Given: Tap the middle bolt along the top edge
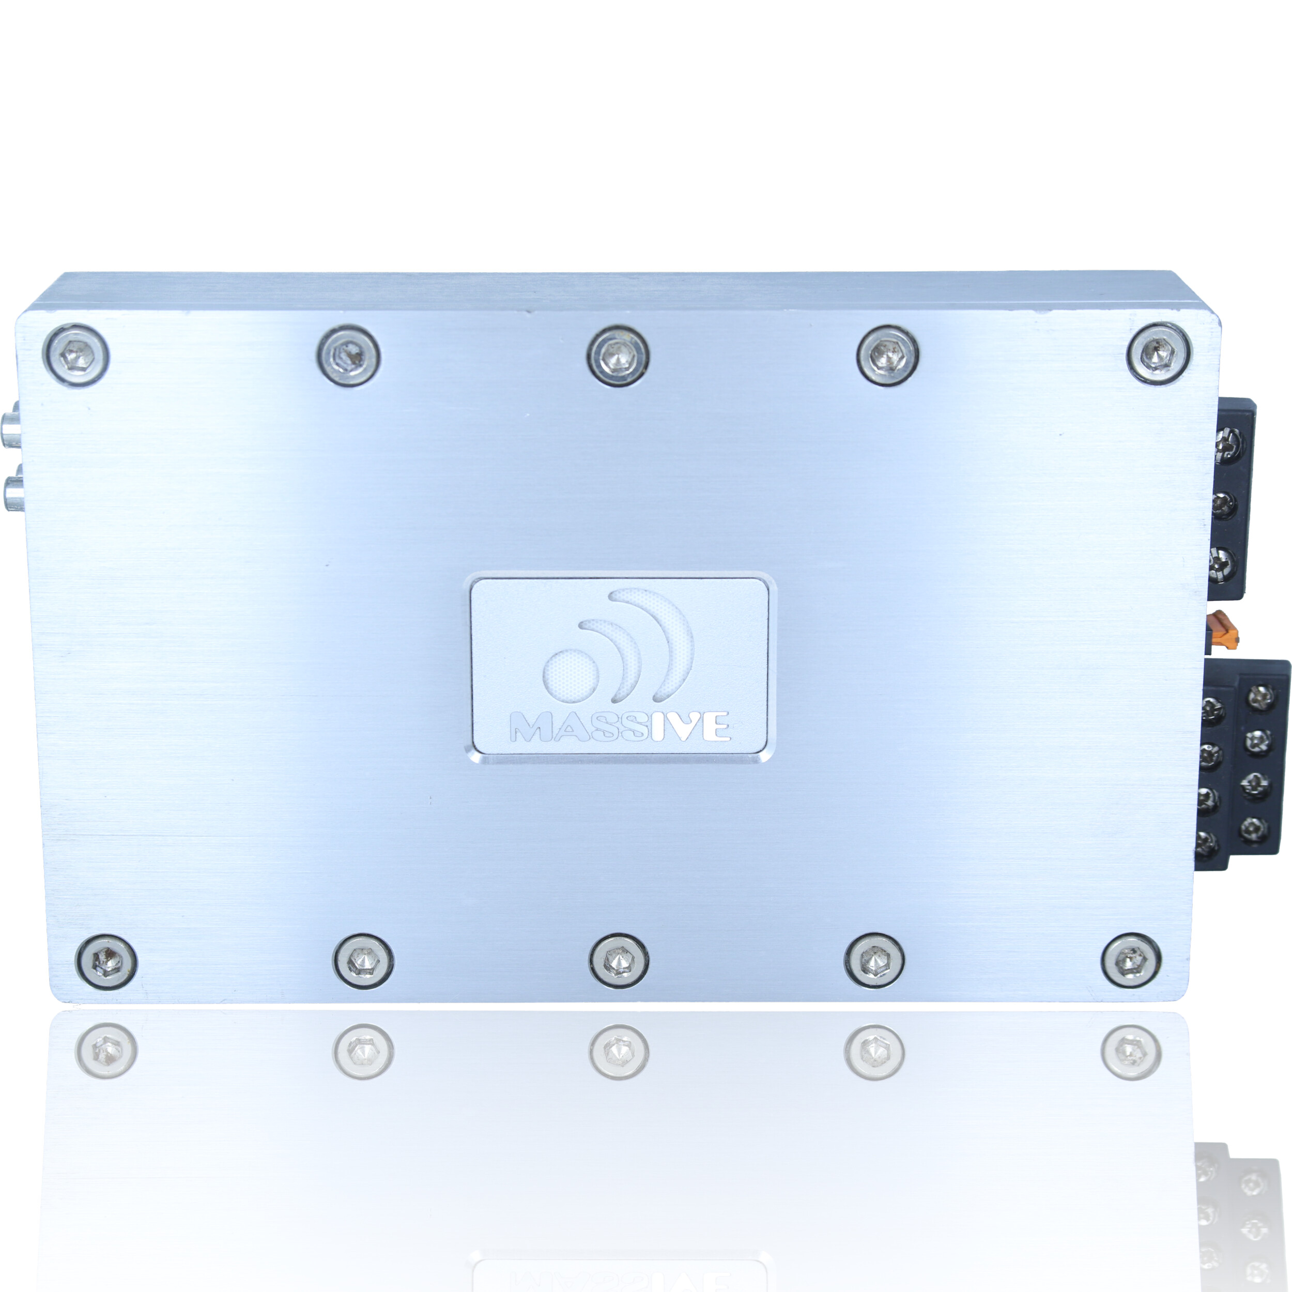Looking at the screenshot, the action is click(619, 355).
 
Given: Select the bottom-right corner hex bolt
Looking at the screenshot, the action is click(1131, 961).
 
